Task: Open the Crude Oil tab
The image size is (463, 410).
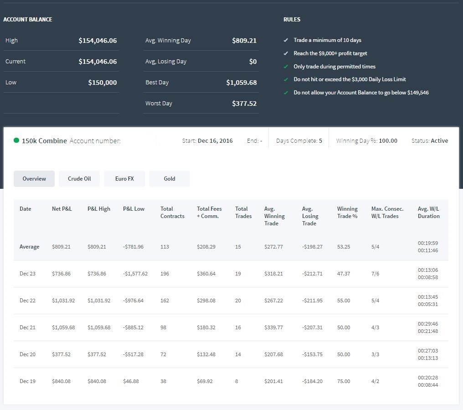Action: point(79,178)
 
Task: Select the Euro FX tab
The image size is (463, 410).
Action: point(124,178)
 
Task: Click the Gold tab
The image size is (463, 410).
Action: point(170,178)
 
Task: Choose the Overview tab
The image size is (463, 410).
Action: point(34,178)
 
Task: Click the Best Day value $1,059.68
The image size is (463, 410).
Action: point(241,83)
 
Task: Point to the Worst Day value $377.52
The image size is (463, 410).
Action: point(244,104)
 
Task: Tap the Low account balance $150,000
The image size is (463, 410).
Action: point(102,83)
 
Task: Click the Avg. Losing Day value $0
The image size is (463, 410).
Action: point(253,62)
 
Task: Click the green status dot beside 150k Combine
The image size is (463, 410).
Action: point(16,140)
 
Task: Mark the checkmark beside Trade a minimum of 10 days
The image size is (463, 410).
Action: point(286,40)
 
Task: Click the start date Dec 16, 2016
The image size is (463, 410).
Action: point(215,141)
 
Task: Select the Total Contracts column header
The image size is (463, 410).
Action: point(172,212)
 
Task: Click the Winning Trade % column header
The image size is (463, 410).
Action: point(347,212)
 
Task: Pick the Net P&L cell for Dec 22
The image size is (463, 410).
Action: point(63,301)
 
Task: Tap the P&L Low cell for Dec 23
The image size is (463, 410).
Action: point(135,274)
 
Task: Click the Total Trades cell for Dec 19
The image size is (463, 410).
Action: point(237,381)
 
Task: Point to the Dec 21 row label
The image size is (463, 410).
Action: point(27,327)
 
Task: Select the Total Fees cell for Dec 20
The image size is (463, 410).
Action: point(206,354)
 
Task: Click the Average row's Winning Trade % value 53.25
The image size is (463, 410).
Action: point(344,247)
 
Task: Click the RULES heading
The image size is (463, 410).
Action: point(292,20)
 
